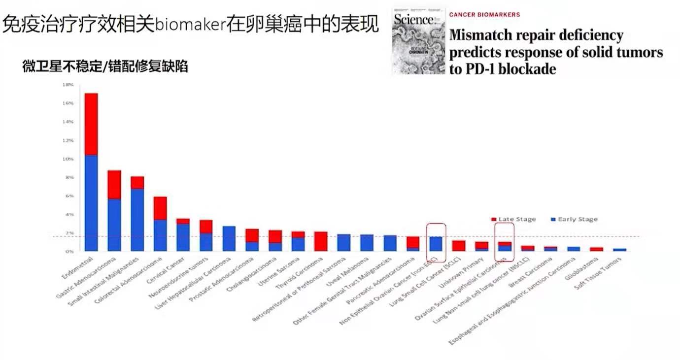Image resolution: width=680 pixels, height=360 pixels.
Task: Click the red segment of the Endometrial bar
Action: point(91,124)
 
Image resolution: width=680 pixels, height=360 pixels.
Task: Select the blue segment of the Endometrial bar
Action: point(91,203)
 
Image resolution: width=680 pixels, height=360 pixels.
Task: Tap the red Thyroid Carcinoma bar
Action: point(321,241)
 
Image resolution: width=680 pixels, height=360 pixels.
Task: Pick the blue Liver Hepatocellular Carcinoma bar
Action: point(229,239)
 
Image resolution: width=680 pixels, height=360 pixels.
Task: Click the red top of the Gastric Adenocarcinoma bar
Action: point(114,184)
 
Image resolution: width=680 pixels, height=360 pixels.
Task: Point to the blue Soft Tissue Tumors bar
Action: point(619,250)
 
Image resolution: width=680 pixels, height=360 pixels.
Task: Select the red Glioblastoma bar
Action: point(596,249)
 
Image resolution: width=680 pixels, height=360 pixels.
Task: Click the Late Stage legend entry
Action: point(513,219)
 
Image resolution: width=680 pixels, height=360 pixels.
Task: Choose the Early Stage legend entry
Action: point(574,219)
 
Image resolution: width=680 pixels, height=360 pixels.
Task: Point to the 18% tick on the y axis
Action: point(68,85)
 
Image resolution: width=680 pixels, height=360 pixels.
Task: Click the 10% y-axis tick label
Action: point(68,159)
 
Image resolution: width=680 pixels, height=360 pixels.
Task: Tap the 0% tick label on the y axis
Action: point(69,251)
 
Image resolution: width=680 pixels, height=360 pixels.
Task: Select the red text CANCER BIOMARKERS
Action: point(484,15)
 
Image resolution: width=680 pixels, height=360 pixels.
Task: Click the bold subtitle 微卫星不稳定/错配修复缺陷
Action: point(105,67)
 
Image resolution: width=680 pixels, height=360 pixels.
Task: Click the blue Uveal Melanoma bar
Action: point(367,243)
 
